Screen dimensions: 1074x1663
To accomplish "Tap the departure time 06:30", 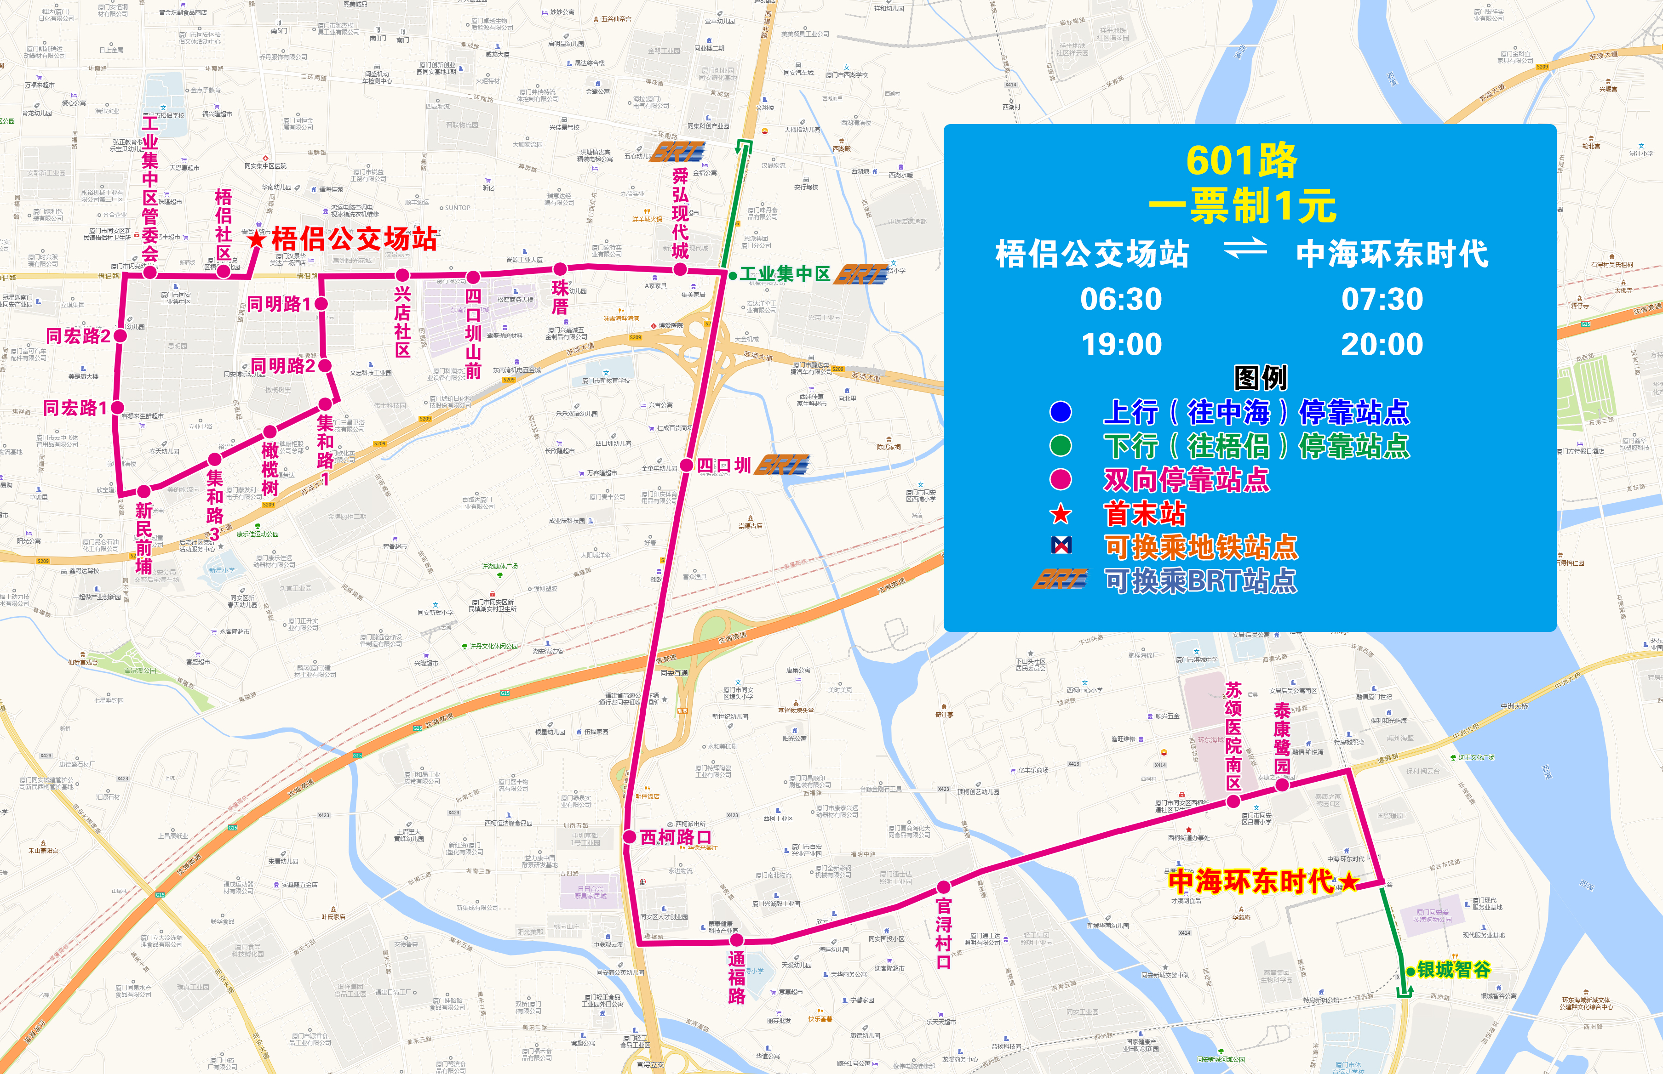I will point(1121,299).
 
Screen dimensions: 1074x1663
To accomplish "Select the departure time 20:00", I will point(1382,345).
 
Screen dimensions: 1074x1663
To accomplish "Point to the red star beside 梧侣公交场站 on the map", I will point(256,239).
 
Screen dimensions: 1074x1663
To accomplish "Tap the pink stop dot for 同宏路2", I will point(120,336).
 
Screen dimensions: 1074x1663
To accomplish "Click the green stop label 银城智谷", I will point(1454,969).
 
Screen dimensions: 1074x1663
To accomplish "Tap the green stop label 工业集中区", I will point(785,274).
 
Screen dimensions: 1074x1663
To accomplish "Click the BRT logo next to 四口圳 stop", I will point(783,465).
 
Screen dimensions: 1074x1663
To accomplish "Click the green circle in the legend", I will point(1061,446).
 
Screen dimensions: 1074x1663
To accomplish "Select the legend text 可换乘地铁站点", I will point(1200,547).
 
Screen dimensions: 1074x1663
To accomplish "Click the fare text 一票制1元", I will point(1242,206).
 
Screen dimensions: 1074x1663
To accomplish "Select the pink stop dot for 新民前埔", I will point(144,491).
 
